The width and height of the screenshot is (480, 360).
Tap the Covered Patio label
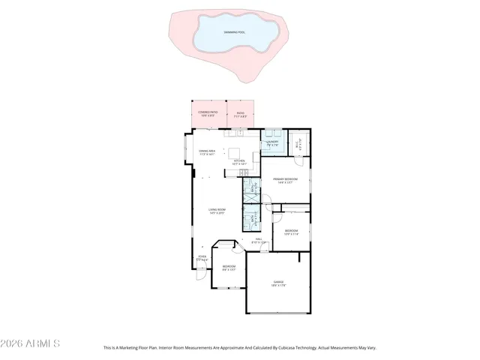(208, 114)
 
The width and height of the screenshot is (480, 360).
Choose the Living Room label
(217, 211)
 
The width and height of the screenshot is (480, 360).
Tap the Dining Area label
(207, 154)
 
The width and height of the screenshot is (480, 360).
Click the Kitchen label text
(238, 160)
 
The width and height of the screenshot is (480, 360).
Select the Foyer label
(202, 257)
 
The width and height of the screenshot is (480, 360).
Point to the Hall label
(258, 240)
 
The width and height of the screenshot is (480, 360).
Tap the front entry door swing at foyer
(201, 274)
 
